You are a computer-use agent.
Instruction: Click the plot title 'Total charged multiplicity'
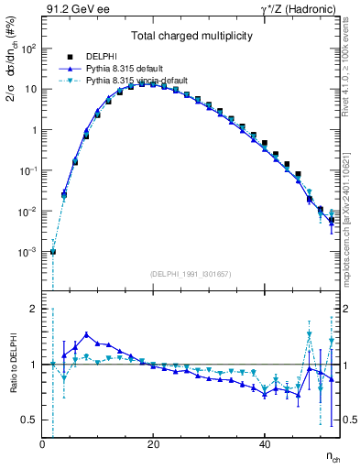[191, 38]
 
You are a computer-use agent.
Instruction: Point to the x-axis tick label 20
[153, 444]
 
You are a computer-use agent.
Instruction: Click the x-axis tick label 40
[264, 444]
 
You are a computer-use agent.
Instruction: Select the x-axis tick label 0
[42, 444]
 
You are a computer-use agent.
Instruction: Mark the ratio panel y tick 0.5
[29, 420]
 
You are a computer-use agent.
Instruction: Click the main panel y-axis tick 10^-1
[27, 170]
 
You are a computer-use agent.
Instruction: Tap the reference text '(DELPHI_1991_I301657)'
[191, 274]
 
